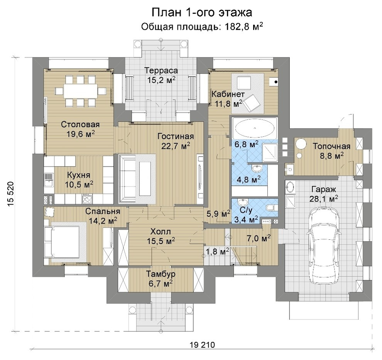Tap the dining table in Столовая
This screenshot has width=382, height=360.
[x=80, y=91]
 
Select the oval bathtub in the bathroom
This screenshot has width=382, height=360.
[x=255, y=128]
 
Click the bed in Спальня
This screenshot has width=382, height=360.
[x=62, y=242]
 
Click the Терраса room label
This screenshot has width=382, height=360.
[x=161, y=71]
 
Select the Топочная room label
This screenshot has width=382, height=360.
[x=331, y=146]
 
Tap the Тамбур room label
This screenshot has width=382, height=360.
[x=161, y=274]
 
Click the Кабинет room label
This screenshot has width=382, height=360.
[x=228, y=94]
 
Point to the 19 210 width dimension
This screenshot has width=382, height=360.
[x=202, y=345]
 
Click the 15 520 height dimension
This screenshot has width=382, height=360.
[x=11, y=194]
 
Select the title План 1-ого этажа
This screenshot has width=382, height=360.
[x=202, y=12]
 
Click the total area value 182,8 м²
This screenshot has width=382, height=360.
[x=243, y=26]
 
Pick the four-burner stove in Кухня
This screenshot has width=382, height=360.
[x=88, y=200]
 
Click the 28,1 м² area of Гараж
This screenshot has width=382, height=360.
[x=323, y=199]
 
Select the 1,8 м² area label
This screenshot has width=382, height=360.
[x=218, y=251]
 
